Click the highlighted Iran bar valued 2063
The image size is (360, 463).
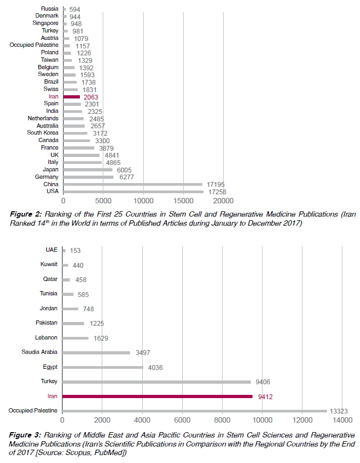point(71,96)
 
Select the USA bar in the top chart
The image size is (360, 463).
point(133,192)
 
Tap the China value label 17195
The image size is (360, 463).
point(214,184)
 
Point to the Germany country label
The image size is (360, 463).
point(46,177)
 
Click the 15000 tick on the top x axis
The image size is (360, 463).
point(183,201)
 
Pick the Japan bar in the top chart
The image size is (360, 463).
point(87,169)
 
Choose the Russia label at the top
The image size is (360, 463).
point(50,9)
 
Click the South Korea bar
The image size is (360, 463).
point(75,133)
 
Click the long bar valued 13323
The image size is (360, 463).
point(194,411)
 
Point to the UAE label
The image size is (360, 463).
point(52,250)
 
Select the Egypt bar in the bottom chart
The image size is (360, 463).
point(103,367)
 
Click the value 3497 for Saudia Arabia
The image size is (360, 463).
point(141,352)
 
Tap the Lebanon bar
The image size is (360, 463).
point(76,337)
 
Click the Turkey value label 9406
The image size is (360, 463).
point(262,382)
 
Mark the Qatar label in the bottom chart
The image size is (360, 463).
point(50,279)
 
